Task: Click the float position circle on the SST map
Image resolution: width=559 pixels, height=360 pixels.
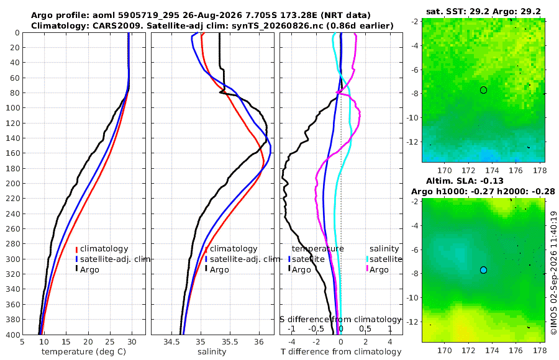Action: (x=483, y=90)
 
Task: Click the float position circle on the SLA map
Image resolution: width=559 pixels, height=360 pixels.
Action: (x=483, y=270)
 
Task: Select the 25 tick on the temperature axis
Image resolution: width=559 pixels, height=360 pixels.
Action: (x=110, y=341)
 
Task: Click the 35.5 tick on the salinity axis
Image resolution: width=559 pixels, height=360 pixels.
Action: (x=230, y=341)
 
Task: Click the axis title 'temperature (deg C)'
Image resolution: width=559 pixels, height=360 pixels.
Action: (x=84, y=352)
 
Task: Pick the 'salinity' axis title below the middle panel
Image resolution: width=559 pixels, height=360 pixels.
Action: (x=212, y=352)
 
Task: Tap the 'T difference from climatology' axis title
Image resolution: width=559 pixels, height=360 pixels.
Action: (x=341, y=352)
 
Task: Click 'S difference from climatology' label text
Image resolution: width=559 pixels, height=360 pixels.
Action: (x=340, y=319)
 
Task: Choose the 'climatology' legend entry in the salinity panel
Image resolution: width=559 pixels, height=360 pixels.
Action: (x=231, y=249)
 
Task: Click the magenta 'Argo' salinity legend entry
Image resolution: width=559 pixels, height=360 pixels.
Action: (x=378, y=269)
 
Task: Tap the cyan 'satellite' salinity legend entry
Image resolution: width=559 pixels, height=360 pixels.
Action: (x=384, y=259)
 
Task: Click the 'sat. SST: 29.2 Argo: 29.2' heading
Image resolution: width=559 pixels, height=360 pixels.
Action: (x=483, y=11)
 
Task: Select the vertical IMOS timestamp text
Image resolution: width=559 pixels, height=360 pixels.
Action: (x=553, y=272)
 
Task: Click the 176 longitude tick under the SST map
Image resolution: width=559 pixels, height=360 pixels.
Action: (x=516, y=170)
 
